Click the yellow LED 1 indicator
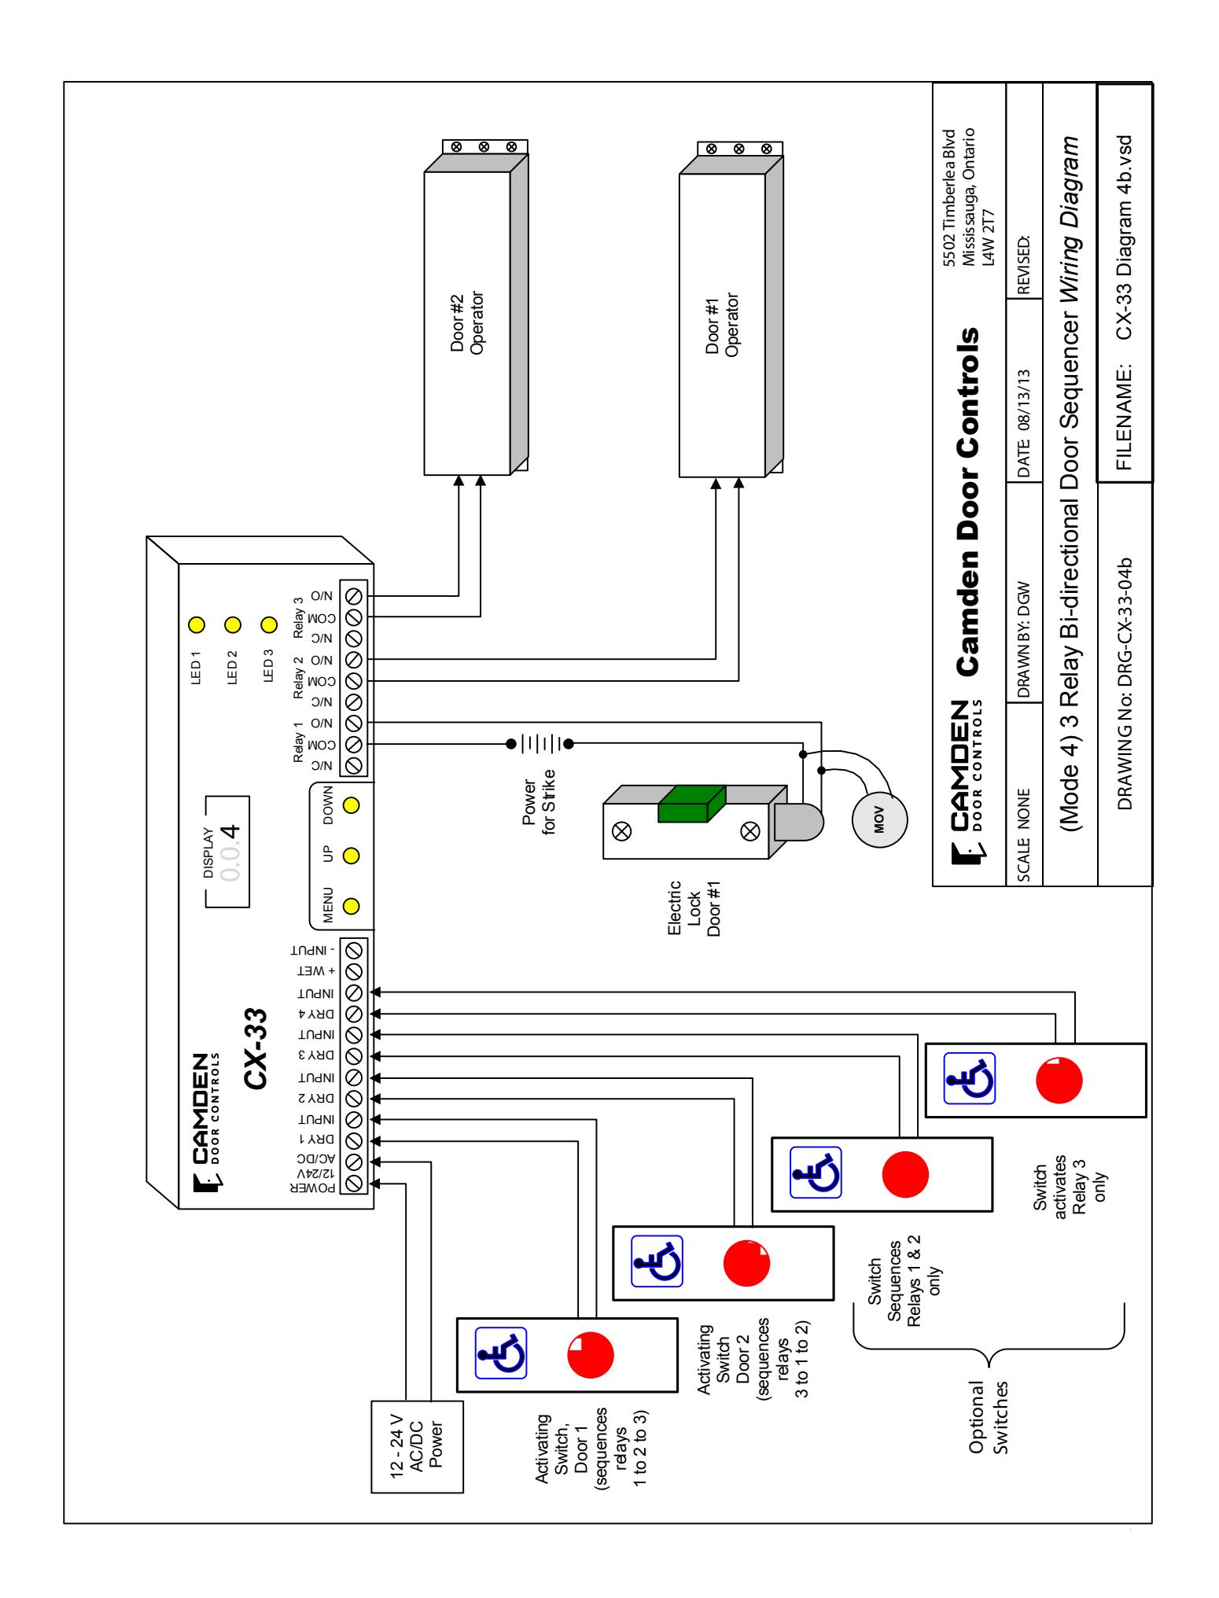(196, 625)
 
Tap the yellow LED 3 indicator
(269, 625)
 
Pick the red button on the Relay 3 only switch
(1059, 1080)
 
